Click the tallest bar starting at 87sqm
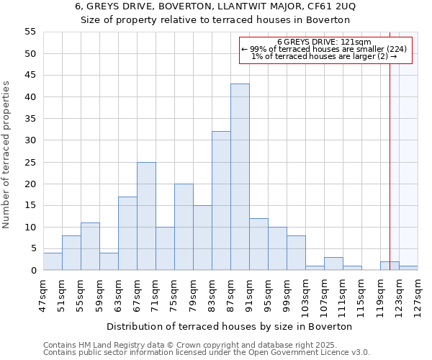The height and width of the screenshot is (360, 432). click(240, 177)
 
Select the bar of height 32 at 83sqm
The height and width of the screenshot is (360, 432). click(221, 201)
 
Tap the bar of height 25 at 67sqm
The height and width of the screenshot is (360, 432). click(146, 216)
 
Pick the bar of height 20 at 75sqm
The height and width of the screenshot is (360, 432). click(184, 227)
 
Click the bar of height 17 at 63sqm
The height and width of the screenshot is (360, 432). click(127, 233)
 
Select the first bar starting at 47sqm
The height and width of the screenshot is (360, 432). click(53, 262)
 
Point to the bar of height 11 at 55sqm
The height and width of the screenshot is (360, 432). click(90, 247)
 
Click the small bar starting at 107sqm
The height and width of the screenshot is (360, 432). click(333, 264)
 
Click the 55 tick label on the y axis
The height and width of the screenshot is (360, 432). click(30, 32)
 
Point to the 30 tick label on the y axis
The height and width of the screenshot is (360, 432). click(30, 140)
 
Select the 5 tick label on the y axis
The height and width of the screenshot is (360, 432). click(33, 248)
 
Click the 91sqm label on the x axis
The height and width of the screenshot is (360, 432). click(249, 294)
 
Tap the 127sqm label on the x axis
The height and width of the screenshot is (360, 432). click(418, 294)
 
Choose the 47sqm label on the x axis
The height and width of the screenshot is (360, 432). click(43, 294)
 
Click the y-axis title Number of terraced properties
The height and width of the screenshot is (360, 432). click(6, 155)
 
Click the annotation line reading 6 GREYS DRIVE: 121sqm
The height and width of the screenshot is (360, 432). click(324, 42)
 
